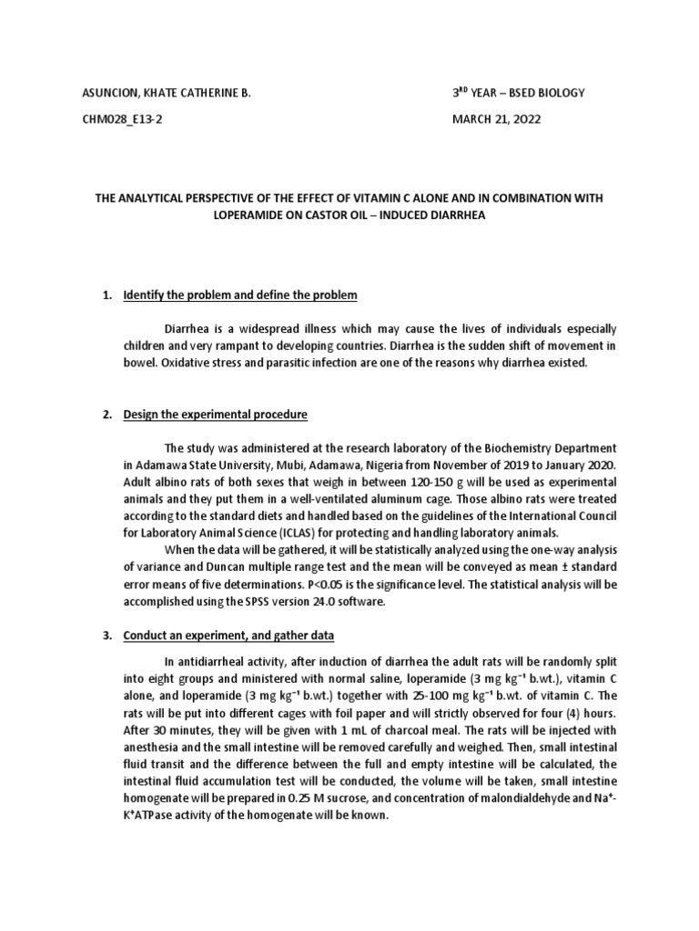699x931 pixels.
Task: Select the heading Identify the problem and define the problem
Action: click(x=240, y=295)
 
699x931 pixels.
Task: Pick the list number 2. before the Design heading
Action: click(x=106, y=415)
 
